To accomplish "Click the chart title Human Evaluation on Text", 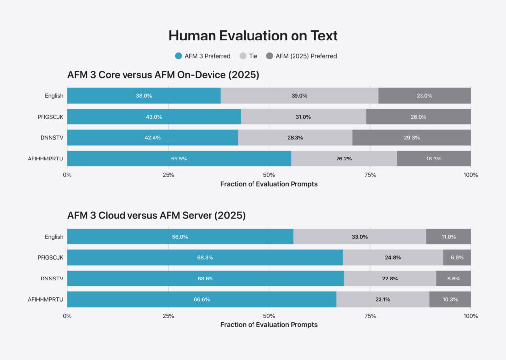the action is (x=253, y=36).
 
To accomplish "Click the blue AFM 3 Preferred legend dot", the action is (x=178, y=56).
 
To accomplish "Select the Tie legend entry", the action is (x=249, y=56).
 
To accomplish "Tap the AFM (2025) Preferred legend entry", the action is (x=301, y=56).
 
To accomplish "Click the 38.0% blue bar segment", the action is (x=144, y=96).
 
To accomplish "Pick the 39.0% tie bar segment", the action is (x=299, y=96).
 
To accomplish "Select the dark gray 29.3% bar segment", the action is (x=412, y=138).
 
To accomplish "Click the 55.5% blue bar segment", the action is (x=179, y=159).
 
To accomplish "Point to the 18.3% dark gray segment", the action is (x=434, y=159).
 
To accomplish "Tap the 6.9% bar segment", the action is (x=457, y=258).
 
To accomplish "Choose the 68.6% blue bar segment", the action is (x=206, y=279).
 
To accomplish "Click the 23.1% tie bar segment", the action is (x=383, y=300).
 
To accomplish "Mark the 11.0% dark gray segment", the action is (x=449, y=237).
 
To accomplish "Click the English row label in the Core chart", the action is (x=54, y=96).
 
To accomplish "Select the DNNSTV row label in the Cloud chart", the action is (x=52, y=279).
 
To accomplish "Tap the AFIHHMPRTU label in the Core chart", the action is (x=45, y=159).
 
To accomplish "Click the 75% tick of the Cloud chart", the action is (x=370, y=316).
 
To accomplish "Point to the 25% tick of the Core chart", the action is (x=168, y=175).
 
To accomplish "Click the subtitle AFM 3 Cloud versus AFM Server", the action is (x=157, y=215).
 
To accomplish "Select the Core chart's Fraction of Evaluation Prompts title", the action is (x=269, y=184).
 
